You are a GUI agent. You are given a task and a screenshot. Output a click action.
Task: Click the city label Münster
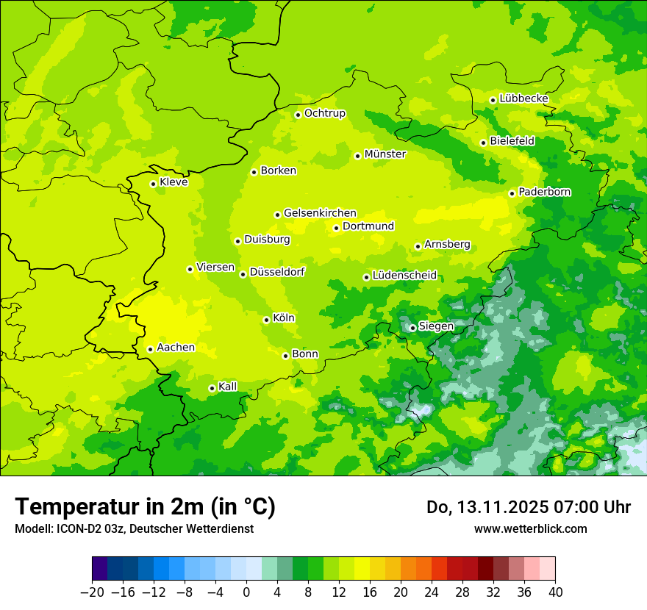[385, 154]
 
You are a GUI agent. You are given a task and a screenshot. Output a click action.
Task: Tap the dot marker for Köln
[266, 320]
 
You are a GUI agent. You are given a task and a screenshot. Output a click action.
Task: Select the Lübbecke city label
[523, 98]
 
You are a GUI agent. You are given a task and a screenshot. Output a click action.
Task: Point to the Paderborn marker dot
[512, 193]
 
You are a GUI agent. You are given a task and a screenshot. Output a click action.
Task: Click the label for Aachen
[176, 348]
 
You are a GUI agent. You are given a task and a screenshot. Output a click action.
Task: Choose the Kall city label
[228, 387]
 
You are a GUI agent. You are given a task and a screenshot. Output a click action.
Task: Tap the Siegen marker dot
[412, 328]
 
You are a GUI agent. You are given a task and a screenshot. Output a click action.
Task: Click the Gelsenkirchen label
[320, 213]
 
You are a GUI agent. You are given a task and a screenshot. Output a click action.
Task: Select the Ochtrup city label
[324, 113]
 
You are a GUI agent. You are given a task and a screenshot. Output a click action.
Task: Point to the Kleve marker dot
[153, 184]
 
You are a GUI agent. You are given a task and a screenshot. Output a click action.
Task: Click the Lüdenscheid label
[404, 276]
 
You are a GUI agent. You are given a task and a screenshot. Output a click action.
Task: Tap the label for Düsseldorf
[277, 272]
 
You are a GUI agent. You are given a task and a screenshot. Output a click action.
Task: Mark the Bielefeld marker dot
[483, 143]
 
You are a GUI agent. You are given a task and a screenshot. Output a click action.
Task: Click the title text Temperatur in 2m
[145, 507]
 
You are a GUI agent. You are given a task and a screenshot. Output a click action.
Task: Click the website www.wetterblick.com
[530, 529]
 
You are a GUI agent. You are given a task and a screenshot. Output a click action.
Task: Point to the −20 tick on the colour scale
[92, 592]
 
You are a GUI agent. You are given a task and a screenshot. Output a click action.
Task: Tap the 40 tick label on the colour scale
[555, 592]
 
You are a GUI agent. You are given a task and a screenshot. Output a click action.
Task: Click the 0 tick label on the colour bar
[246, 592]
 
